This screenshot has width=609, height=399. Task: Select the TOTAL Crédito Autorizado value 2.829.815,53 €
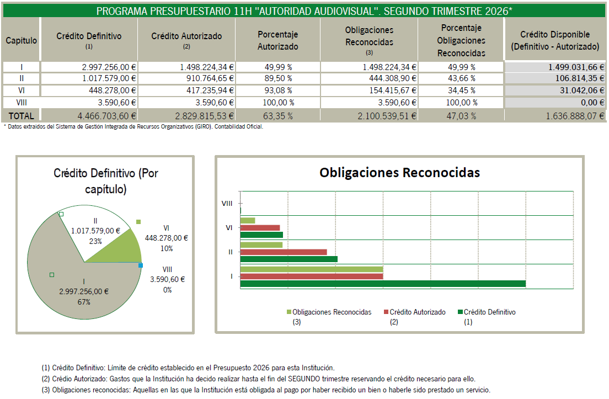click(204, 116)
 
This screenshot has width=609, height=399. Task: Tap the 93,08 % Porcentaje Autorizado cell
click(278, 91)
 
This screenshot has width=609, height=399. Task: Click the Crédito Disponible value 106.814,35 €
click(579, 78)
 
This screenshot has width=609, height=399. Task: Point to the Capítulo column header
click(22, 40)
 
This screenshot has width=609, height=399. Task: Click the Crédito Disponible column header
click(555, 40)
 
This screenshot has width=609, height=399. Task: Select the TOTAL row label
click(22, 116)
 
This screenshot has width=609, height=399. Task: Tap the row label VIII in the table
click(22, 103)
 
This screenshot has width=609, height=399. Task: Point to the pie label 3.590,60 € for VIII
click(167, 279)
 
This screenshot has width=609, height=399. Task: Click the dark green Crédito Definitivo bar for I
click(383, 284)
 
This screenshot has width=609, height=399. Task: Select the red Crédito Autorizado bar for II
click(284, 252)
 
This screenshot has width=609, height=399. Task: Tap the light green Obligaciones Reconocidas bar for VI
click(248, 220)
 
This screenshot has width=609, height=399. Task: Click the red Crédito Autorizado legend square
click(386, 312)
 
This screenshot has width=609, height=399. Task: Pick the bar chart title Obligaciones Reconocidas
click(399, 173)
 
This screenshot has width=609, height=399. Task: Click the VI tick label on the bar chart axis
click(229, 228)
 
